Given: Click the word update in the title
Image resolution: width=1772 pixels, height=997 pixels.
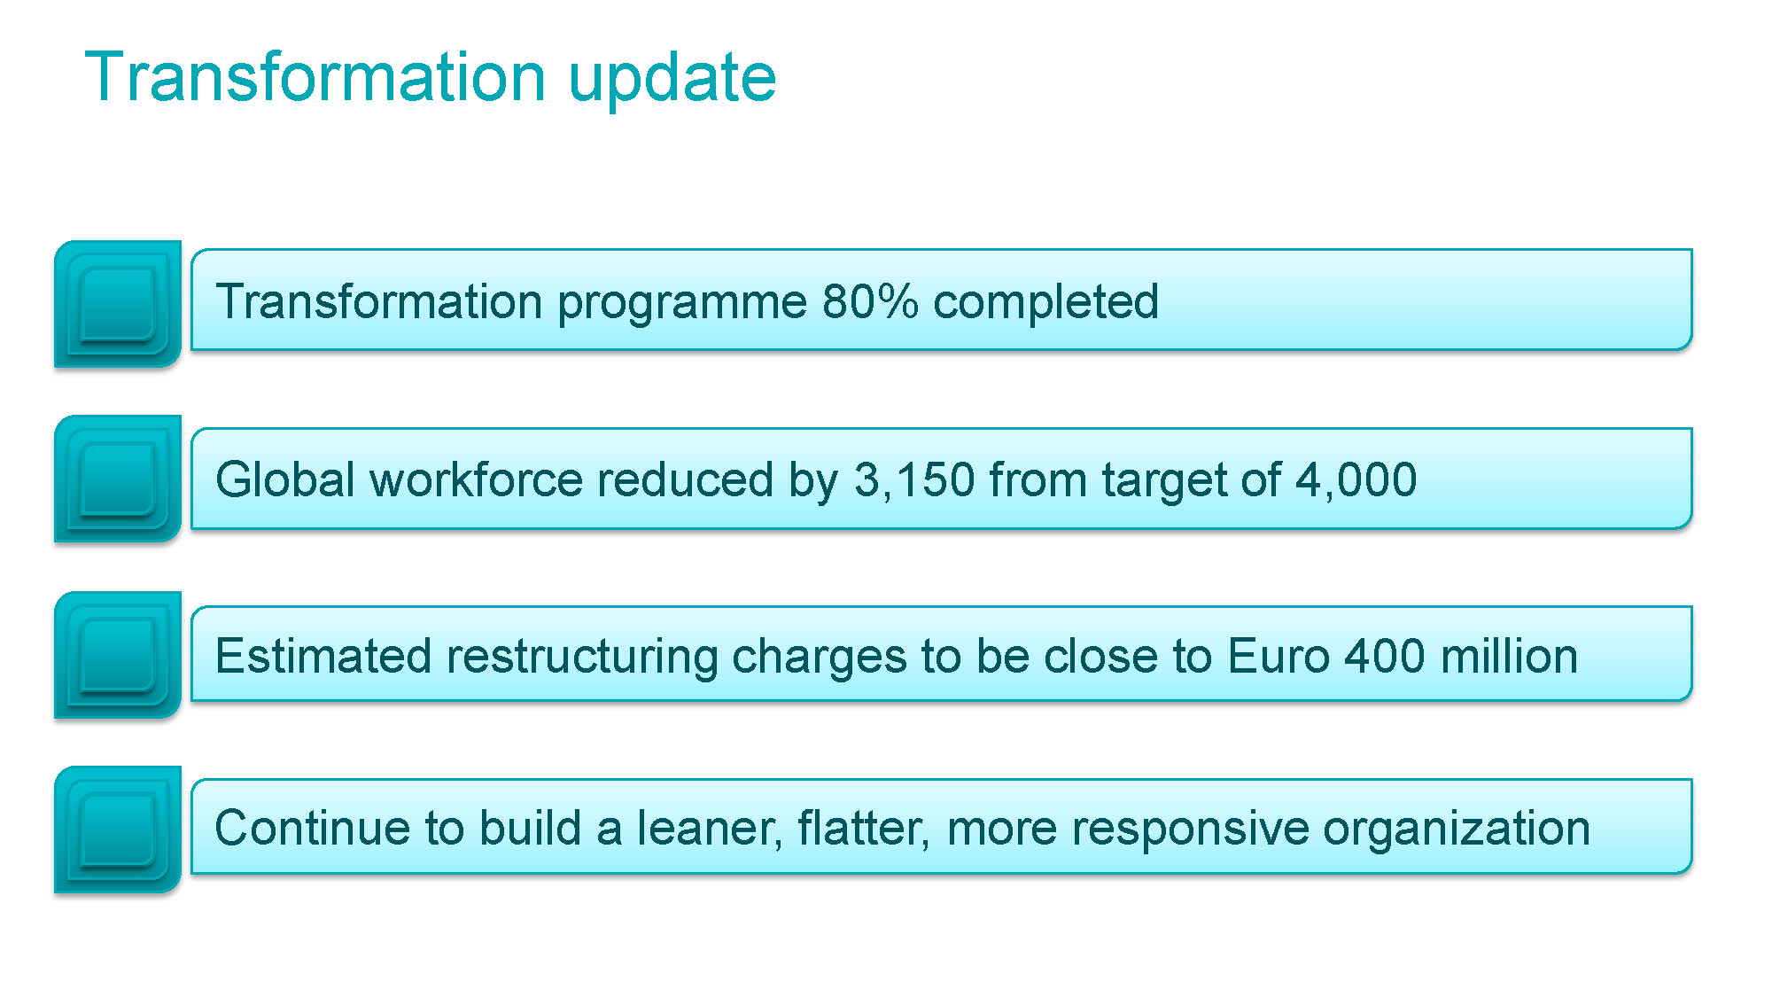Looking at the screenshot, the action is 672,78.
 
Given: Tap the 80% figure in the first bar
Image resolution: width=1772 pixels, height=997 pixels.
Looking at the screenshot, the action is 870,301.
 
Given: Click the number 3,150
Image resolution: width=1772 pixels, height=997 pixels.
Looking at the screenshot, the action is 914,480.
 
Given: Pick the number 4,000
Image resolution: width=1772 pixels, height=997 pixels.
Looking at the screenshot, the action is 1356,480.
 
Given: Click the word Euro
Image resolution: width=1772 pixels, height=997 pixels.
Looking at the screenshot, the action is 1278,656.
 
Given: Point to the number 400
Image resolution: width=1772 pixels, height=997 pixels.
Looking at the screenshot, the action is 1385,656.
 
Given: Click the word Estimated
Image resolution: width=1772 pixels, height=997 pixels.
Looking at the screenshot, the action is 324,656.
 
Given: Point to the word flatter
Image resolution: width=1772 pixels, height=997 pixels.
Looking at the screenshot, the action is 864,828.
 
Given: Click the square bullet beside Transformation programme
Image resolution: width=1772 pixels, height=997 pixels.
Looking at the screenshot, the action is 118,303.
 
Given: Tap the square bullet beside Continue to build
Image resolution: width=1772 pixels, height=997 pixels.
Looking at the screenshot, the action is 118,830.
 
